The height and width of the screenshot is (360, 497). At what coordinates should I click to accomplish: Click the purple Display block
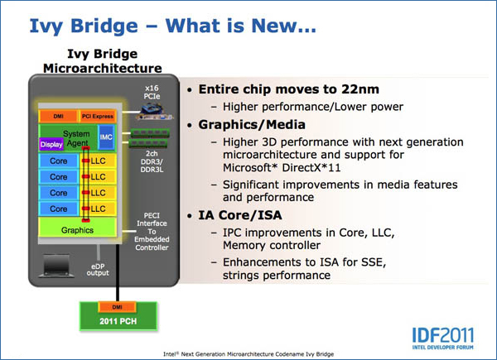click(51, 144)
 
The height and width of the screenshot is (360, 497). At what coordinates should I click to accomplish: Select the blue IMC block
click(106, 137)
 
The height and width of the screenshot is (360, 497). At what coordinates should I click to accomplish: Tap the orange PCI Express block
click(97, 116)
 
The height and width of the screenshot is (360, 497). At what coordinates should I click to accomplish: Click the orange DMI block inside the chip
click(58, 116)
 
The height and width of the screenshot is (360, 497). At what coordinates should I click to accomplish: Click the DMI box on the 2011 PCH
click(118, 307)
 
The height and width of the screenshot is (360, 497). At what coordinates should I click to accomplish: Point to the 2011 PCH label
click(118, 321)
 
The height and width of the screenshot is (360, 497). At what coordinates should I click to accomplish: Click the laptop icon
click(56, 266)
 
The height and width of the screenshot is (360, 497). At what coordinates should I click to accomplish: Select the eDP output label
click(98, 270)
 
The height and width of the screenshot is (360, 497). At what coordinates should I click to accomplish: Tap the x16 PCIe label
click(152, 92)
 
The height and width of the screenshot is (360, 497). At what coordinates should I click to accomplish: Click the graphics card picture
click(155, 113)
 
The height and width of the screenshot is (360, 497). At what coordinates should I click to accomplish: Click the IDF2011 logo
click(443, 338)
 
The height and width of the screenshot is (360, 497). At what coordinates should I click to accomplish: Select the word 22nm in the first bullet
click(360, 89)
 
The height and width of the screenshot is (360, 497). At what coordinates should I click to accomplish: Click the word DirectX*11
click(311, 167)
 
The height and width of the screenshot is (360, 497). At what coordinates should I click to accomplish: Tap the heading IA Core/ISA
click(240, 215)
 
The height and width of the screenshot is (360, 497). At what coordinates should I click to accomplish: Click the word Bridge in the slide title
click(104, 26)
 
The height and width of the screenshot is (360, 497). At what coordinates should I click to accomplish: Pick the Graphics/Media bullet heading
click(252, 125)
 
